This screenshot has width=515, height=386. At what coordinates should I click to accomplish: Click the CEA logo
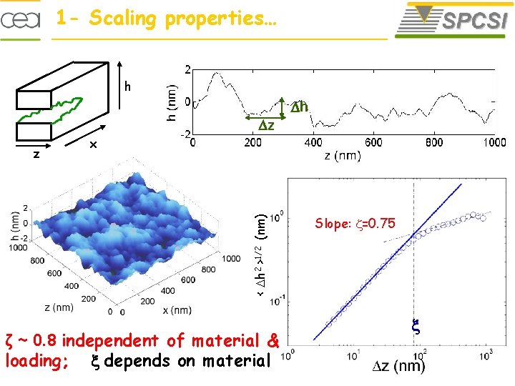click(x=25, y=20)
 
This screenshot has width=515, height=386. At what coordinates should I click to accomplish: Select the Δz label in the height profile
click(x=267, y=125)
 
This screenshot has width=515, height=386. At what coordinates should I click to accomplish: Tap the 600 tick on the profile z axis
click(x=373, y=142)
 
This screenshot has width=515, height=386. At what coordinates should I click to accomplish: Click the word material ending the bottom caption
click(x=236, y=361)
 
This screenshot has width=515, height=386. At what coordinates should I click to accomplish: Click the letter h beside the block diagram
click(x=127, y=87)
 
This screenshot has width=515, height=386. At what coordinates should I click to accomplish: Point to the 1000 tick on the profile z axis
click(x=494, y=142)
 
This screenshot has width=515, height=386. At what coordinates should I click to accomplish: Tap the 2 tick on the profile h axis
click(x=187, y=70)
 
